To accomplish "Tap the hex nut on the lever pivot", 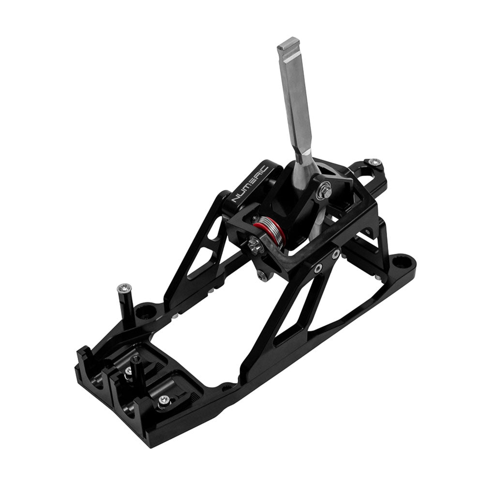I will [x=325, y=192].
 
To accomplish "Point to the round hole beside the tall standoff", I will [x=143, y=310].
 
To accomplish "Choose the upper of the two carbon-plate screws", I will [x=335, y=253].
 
